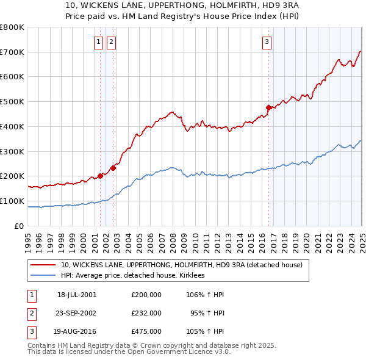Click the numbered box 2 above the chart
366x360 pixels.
(112, 41)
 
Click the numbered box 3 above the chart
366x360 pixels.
(267, 41)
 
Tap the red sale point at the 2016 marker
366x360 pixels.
(268, 107)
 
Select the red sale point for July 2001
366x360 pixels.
(101, 176)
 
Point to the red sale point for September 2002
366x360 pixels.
(113, 168)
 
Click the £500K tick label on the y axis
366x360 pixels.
(12, 101)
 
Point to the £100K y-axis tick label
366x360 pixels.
(12, 201)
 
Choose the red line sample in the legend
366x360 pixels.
(43, 265)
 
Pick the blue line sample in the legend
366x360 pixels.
(43, 276)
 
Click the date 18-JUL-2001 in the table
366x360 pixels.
(77, 294)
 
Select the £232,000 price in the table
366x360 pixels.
(146, 313)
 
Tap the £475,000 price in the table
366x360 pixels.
(146, 332)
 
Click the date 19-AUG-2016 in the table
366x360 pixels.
(77, 332)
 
